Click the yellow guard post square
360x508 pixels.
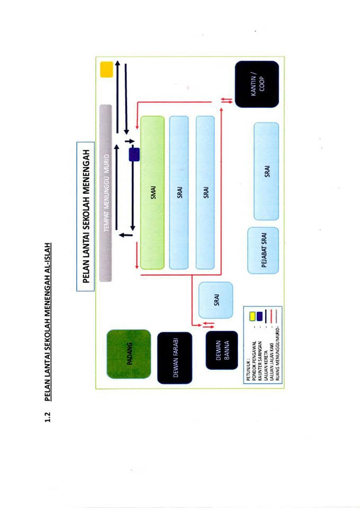(106, 69)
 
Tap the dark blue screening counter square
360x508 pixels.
(134, 154)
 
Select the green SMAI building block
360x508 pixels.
(152, 193)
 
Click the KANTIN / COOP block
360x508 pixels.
(257, 84)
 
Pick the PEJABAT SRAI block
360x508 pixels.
(263, 250)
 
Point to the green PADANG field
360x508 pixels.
(129, 354)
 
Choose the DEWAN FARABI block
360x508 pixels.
(175, 358)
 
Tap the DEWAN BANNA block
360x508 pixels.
(222, 350)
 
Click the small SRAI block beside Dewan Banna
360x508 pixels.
(216, 300)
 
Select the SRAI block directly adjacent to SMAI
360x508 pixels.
(179, 193)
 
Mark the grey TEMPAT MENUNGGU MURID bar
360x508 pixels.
(106, 193)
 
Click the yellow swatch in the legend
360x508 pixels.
(252, 316)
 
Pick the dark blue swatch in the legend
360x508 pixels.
(259, 316)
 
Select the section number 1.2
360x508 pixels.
(48, 417)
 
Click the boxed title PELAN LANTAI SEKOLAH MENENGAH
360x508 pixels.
(86, 216)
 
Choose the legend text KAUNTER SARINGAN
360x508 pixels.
(260, 360)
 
